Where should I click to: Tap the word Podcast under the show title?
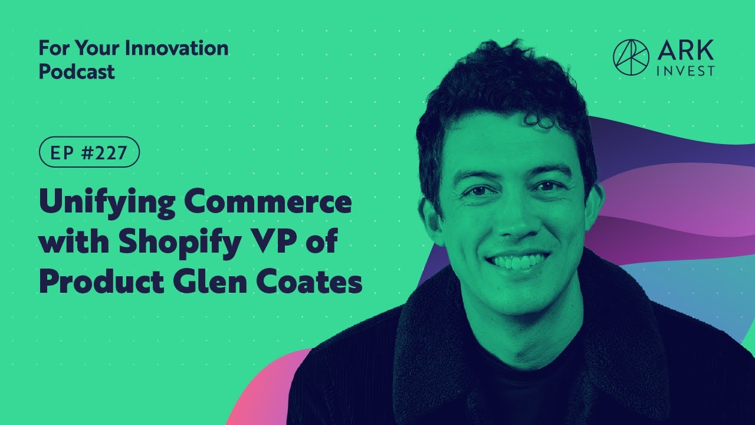click(77, 71)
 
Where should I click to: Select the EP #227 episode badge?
click(89, 152)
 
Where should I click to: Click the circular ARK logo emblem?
click(631, 57)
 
